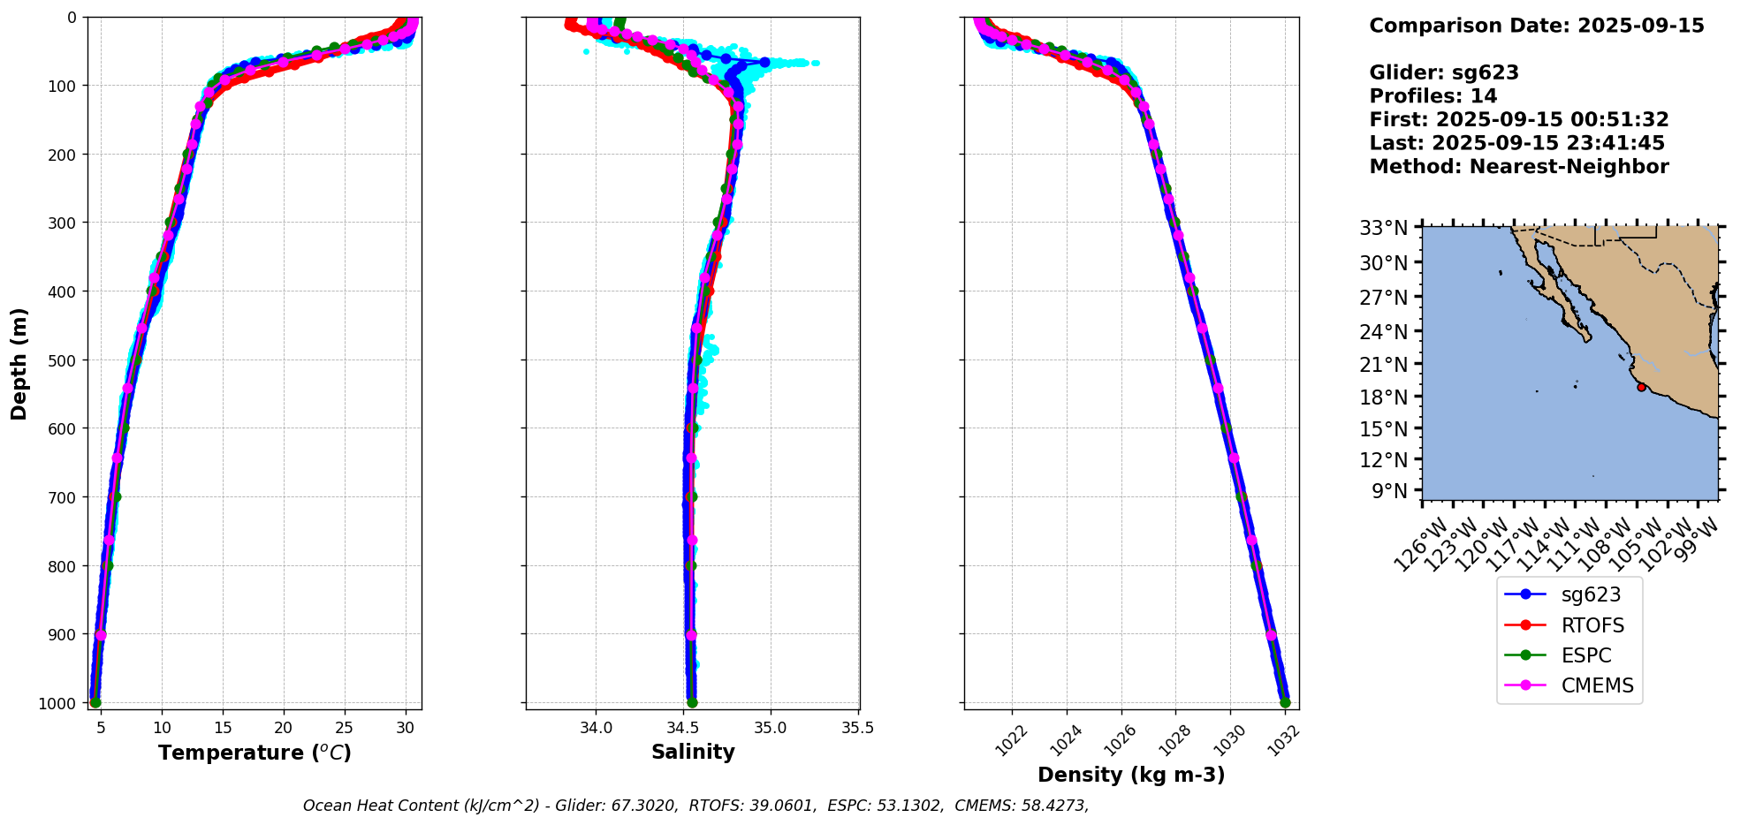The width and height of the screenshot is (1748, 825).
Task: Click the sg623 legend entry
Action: [1569, 594]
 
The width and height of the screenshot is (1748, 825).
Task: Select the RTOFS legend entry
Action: [1569, 625]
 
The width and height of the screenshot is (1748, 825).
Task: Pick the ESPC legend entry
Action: [1569, 655]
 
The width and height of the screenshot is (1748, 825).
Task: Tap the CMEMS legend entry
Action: [1569, 685]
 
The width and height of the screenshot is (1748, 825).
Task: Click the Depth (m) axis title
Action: [19, 363]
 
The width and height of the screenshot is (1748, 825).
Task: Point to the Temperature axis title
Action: [255, 753]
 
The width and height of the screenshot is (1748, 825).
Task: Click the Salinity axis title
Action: [693, 753]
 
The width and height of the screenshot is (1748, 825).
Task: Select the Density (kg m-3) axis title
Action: [1131, 775]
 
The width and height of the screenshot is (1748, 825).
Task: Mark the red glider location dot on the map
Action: [1641, 387]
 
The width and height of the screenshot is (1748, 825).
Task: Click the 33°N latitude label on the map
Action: [1384, 228]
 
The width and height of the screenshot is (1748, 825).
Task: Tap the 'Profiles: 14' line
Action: [1433, 96]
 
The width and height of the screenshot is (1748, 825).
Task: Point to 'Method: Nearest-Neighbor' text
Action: [1519, 167]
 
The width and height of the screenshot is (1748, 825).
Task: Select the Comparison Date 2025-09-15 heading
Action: [1537, 26]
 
